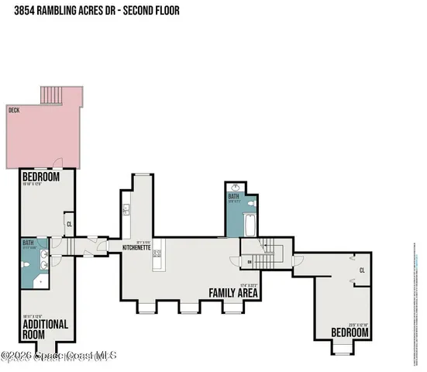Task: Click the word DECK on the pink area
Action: click(x=13, y=110)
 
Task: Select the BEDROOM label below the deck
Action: click(x=36, y=176)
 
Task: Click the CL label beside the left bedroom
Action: click(x=69, y=225)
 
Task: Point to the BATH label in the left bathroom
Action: click(x=29, y=245)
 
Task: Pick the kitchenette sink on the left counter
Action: click(x=125, y=209)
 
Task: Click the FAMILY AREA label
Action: click(x=233, y=293)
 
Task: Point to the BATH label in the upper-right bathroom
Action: click(x=233, y=196)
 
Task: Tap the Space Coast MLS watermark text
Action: click(x=59, y=356)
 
